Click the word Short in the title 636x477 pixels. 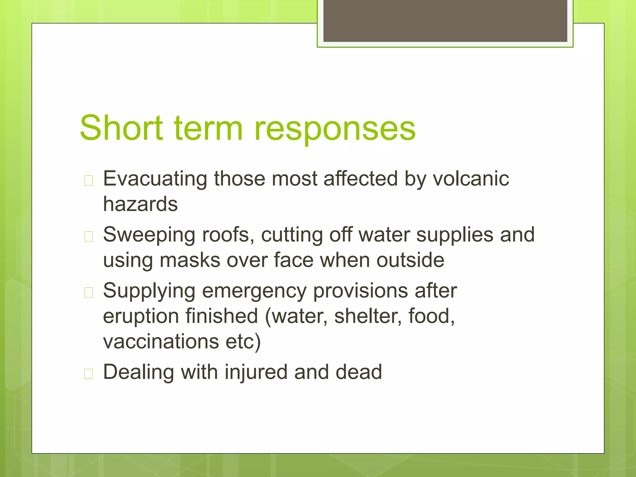coord(121,128)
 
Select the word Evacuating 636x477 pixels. coord(155,179)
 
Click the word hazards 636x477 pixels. coord(140,204)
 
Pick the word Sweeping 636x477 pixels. coord(149,235)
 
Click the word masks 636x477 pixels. coord(190,260)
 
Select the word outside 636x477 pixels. coord(410,260)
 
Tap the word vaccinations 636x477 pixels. coord(161,342)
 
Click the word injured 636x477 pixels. coord(256,372)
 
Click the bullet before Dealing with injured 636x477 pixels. coord(89,374)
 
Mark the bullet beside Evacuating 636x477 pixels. coord(89,180)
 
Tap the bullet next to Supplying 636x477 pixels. coord(89,293)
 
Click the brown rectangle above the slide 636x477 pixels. coord(445,21)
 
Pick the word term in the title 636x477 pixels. coord(208,128)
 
